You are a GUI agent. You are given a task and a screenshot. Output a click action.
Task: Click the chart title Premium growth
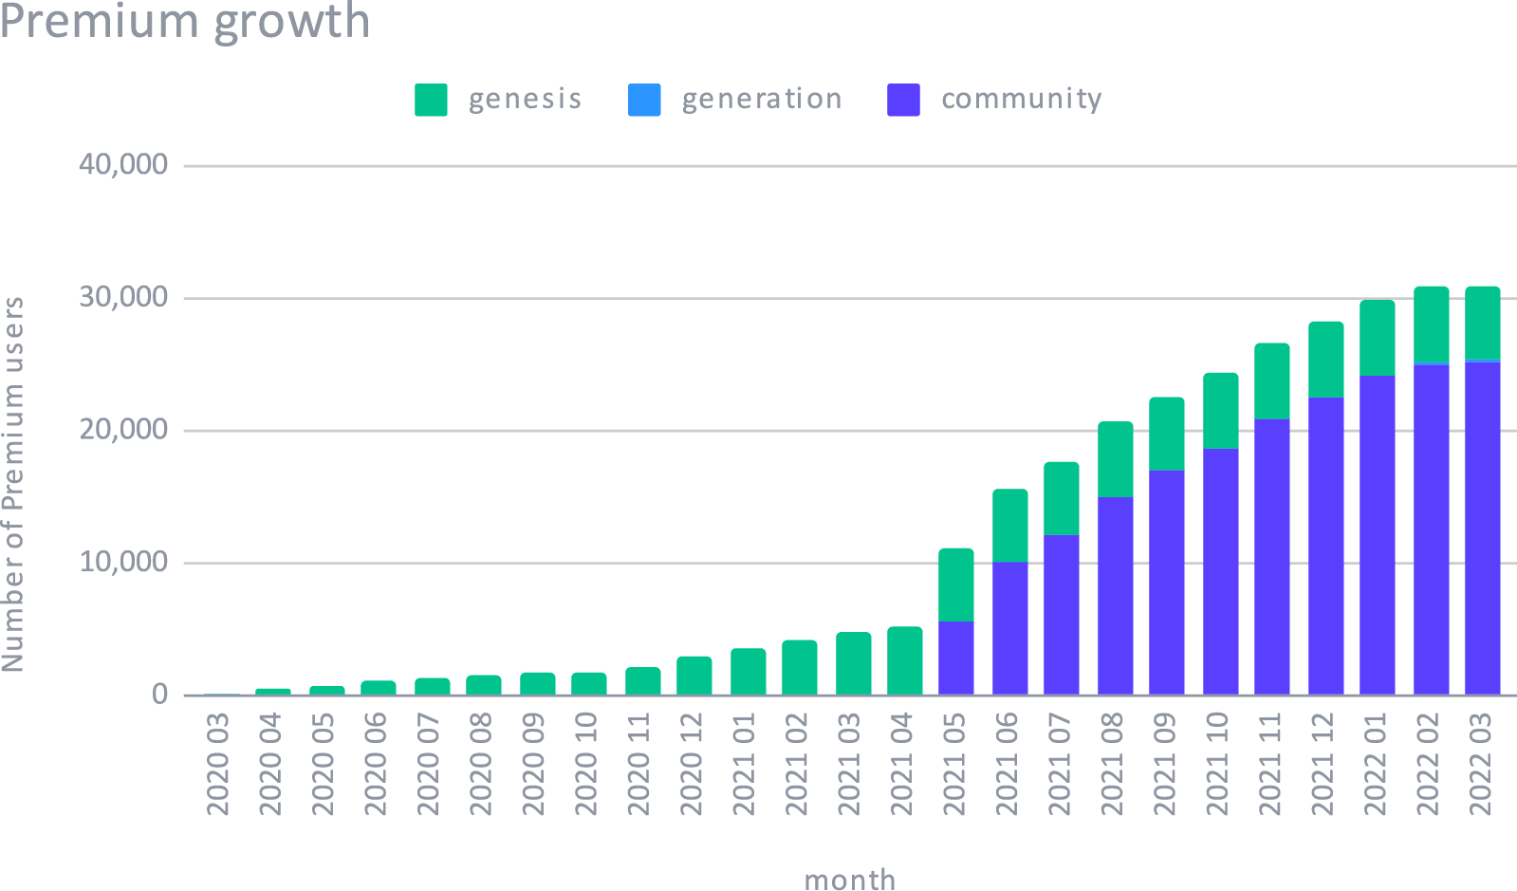pos(185,21)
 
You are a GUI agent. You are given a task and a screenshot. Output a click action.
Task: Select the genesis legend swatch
pos(431,100)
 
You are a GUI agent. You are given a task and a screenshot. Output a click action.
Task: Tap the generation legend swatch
pos(644,100)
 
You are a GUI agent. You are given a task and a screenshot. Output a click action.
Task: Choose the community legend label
pos(1021,99)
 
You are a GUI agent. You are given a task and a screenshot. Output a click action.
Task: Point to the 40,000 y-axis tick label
pos(124,165)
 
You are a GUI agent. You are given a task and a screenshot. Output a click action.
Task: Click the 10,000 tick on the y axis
pos(124,563)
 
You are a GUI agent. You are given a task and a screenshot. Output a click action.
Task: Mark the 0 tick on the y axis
pos(159,695)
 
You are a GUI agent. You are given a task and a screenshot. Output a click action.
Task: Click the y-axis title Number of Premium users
pos(13,485)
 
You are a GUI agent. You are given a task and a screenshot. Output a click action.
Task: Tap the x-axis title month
pos(849,879)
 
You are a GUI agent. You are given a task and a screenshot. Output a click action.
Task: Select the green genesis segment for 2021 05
pos(956,585)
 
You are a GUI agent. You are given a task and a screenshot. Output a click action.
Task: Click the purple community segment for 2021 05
pos(956,658)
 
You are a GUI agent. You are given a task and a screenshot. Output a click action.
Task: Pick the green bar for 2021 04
pos(905,660)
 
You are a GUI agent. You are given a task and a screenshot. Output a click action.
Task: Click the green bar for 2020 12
pos(694,675)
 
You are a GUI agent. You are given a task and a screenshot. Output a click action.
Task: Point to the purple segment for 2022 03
pos(1482,528)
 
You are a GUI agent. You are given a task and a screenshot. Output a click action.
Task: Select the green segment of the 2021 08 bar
pos(1116,459)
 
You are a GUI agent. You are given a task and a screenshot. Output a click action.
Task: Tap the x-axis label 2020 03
pos(219,768)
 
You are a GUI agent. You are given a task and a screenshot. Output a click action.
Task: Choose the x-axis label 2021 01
pos(746,768)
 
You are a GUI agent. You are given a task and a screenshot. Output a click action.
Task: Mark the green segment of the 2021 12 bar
pos(1326,360)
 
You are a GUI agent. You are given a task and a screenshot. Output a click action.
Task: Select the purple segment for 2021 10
pos(1220,571)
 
